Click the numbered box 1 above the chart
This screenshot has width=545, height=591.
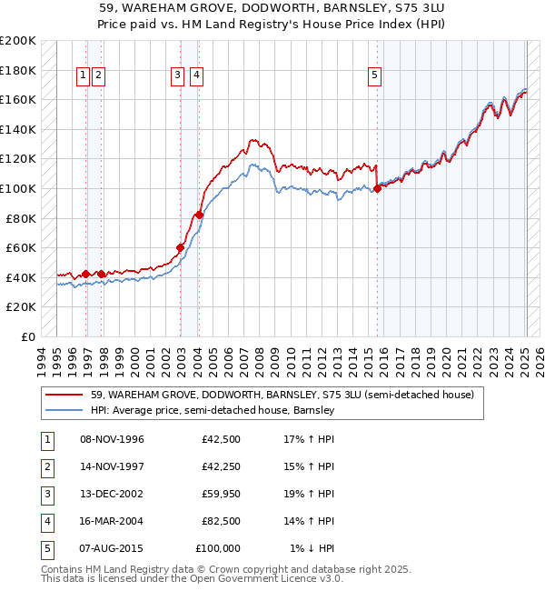pyautogui.click(x=83, y=76)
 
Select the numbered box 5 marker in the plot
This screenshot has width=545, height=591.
pyautogui.click(x=374, y=76)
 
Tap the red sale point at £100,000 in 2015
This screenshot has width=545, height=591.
pyautogui.click(x=377, y=189)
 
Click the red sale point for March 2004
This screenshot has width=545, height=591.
pyautogui.click(x=199, y=215)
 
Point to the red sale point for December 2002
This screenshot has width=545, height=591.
pyautogui.click(x=180, y=247)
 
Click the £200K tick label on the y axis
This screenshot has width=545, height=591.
pyautogui.click(x=18, y=41)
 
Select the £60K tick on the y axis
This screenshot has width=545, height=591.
pyautogui.click(x=22, y=248)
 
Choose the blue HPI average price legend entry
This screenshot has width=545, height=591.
pyautogui.click(x=213, y=410)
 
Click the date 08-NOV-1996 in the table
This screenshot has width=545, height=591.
pyautogui.click(x=112, y=439)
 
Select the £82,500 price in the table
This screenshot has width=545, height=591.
pyautogui.click(x=221, y=521)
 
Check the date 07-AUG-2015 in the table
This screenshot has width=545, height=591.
pyautogui.click(x=112, y=548)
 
